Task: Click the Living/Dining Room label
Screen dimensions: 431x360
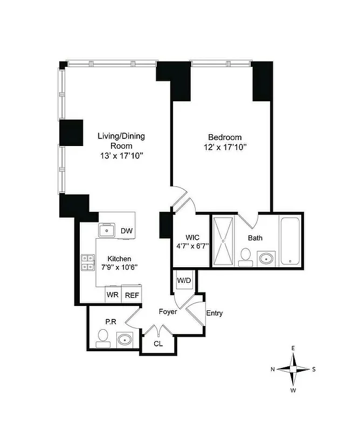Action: [121, 141]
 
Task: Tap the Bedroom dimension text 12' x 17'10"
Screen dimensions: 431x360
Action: [225, 147]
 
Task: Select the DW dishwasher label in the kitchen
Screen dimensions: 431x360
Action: [126, 231]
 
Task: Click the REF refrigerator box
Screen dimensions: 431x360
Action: [131, 295]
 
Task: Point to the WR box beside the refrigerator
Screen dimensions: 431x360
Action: [113, 295]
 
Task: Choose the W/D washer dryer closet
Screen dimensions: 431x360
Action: [183, 280]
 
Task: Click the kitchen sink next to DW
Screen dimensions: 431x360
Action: [108, 231]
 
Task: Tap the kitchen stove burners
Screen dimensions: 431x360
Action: [88, 262]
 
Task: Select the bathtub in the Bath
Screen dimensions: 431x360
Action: [290, 241]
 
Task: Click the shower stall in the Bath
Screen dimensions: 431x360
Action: [224, 241]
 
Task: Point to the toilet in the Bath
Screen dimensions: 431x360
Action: [246, 256]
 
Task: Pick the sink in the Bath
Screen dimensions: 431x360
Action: [266, 259]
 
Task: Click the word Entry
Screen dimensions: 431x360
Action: [214, 313]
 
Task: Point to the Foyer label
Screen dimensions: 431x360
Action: [168, 312]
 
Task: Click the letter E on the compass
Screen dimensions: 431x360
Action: [293, 348]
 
